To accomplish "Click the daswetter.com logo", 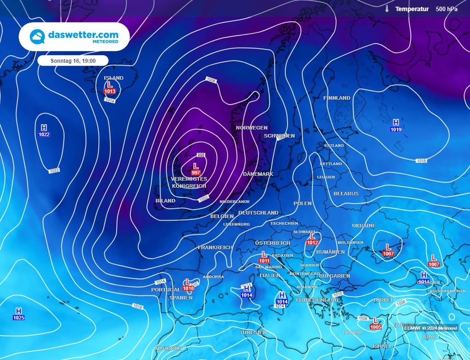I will [74, 37].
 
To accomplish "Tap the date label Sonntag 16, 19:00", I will [73, 61].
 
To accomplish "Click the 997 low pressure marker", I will [196, 168].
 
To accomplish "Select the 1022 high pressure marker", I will [44, 131].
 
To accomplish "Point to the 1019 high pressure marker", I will [396, 126].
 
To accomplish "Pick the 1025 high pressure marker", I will [19, 314].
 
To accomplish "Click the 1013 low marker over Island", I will [110, 88].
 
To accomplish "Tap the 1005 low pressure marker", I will [375, 323].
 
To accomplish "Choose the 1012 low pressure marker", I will [313, 239].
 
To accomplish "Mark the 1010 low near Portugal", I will [188, 285].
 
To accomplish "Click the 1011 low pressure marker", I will [264, 257].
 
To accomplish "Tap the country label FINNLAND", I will [336, 98].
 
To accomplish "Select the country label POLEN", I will [302, 203].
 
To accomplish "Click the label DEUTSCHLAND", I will [258, 213].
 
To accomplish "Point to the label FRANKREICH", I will [215, 247].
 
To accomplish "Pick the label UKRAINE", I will [364, 226].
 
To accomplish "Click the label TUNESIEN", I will [253, 332].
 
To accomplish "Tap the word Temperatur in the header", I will [412, 9].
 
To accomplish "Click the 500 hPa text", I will [447, 9].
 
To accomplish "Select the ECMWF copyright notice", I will [431, 328].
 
